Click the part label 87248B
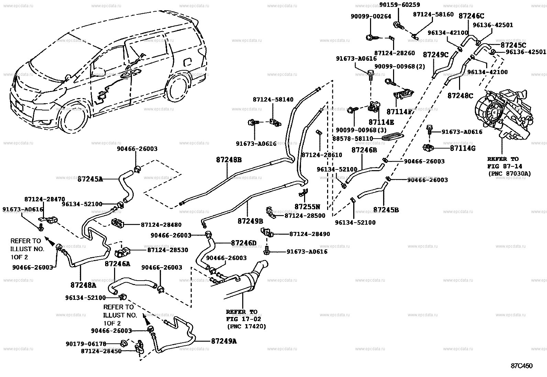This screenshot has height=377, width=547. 229,160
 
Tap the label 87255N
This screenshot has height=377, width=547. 307,207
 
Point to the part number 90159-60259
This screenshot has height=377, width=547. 399,5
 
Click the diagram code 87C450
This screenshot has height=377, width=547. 522,366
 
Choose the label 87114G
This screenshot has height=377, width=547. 462,148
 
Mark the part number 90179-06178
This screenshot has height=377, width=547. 86,343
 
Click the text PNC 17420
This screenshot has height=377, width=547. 246,327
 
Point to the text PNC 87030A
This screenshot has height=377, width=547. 509,174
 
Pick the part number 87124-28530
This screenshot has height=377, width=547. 168,250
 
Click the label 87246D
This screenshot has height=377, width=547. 243,243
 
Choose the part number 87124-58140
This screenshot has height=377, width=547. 273,99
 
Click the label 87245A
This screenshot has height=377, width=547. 90,179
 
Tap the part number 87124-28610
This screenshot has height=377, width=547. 322,155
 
